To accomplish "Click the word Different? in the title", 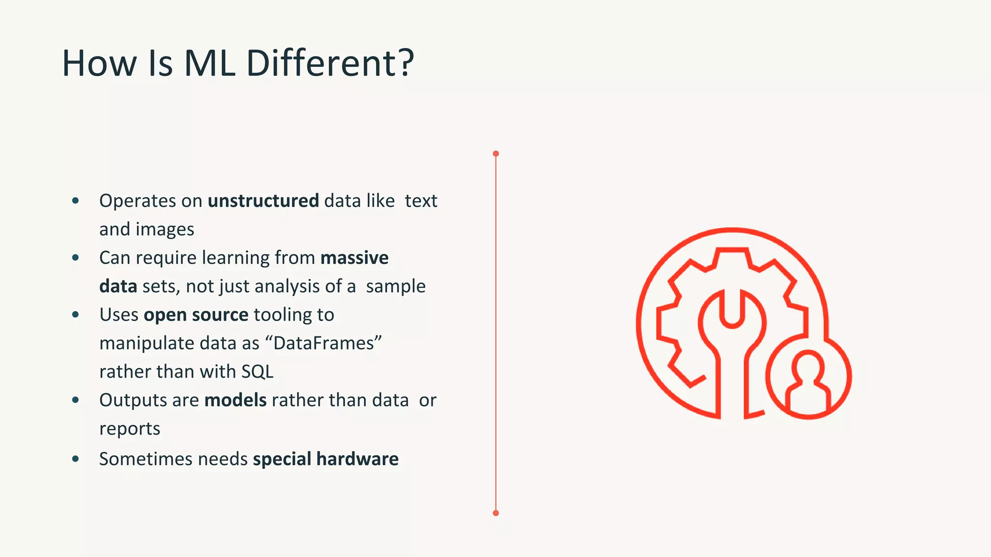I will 330,63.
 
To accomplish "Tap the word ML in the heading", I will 210,63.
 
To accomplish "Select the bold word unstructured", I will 263,201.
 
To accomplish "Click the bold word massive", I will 354,258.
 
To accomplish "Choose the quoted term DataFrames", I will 324,343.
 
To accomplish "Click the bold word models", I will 236,400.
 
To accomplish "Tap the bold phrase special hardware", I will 326,459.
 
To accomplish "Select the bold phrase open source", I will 196,315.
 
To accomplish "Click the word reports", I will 130,429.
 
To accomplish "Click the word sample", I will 396,286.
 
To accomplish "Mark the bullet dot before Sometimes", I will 75,459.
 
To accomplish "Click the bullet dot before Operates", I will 75,201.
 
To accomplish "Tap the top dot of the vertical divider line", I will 495,154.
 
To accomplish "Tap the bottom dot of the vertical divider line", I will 495,513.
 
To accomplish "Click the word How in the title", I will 100,63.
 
